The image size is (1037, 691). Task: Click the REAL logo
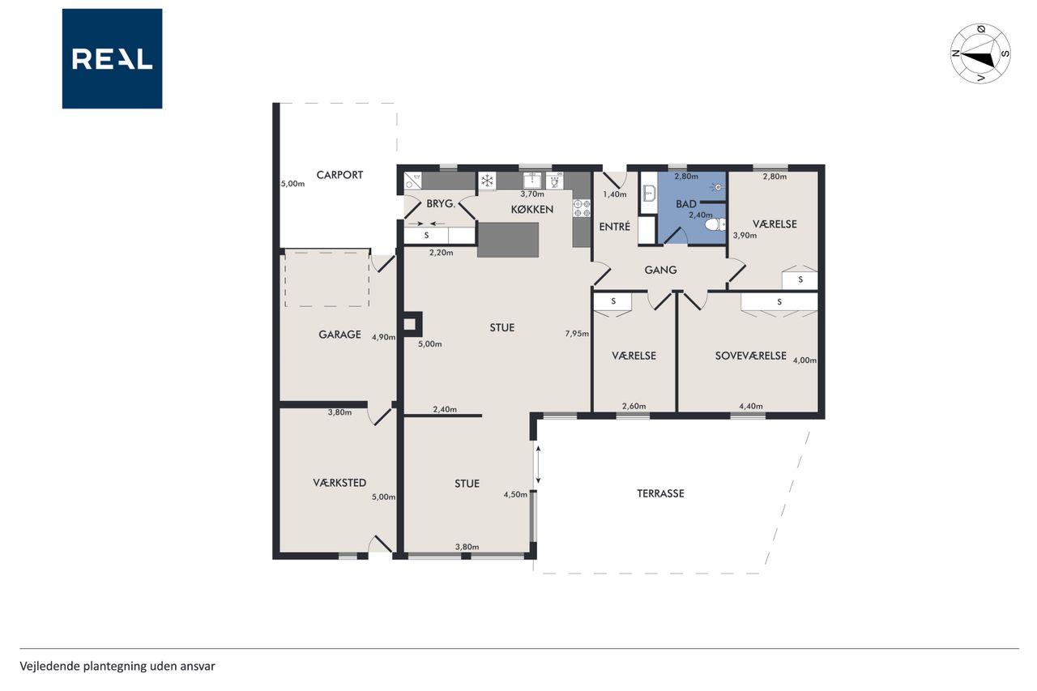112,59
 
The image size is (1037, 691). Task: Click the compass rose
980,53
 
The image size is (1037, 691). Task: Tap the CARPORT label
339,175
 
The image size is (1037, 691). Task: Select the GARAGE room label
339,335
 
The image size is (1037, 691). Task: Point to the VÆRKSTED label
339,483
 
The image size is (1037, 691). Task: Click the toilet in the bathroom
715,225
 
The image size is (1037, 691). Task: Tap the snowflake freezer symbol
487,181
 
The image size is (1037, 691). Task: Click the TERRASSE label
660,493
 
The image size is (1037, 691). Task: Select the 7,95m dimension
577,333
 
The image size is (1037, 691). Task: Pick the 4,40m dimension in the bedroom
750,406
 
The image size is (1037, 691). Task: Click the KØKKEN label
532,209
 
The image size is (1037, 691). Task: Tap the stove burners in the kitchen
582,208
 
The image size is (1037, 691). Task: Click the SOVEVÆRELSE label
750,356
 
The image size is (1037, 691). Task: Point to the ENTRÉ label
614,226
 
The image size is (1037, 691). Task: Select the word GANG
660,270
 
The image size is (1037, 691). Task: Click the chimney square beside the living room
410,324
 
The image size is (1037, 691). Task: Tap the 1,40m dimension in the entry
614,194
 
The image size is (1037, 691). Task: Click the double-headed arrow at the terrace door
538,464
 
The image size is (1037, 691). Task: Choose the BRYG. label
441,203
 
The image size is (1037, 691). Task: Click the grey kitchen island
508,240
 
